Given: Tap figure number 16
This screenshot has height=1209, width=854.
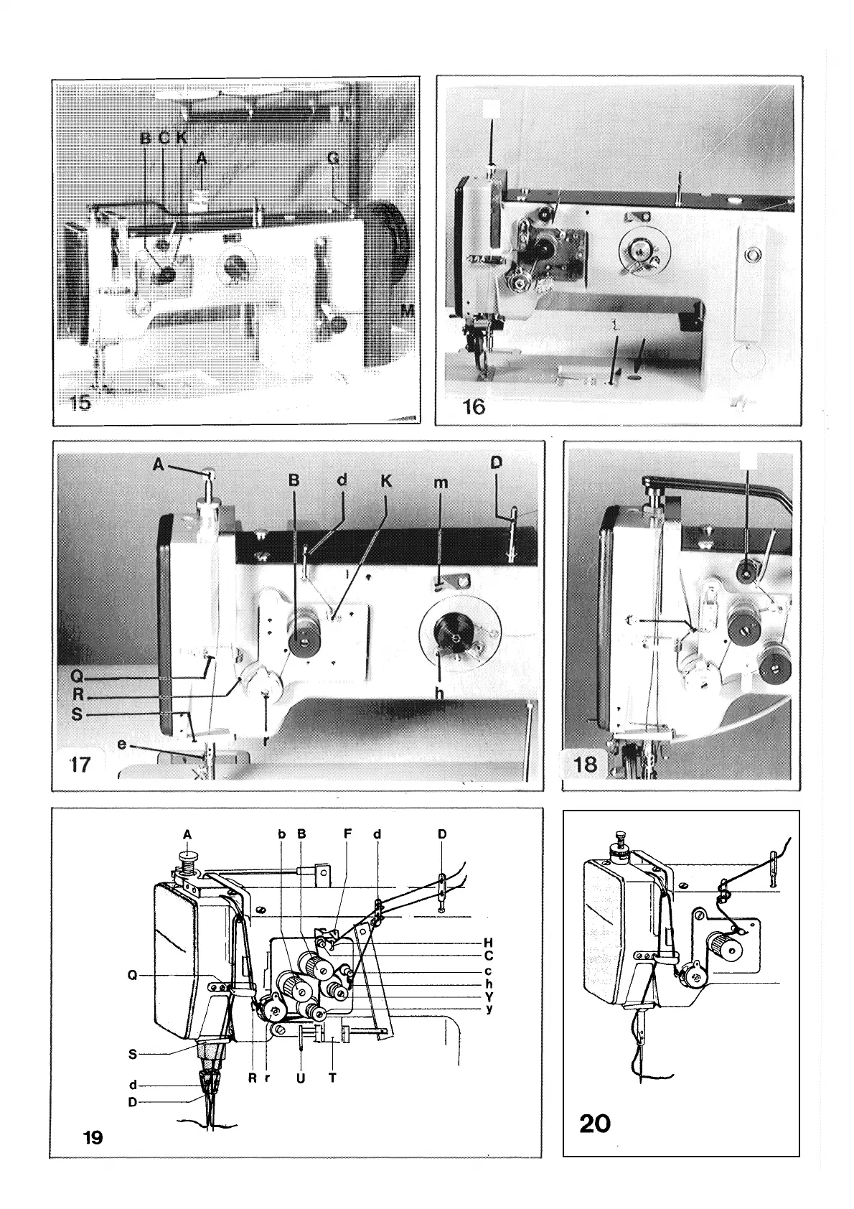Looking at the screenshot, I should pos(474,406).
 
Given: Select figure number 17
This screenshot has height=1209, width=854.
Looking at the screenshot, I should pos(80,764).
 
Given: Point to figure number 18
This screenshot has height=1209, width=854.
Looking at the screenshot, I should pos(586,764).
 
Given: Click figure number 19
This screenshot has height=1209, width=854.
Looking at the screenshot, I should pos(93,1137).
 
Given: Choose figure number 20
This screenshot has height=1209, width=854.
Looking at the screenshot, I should pos(595,1122).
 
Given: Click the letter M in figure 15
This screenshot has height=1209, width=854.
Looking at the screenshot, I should pos(408,310).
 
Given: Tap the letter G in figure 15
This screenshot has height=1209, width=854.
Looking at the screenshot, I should pos(333,159).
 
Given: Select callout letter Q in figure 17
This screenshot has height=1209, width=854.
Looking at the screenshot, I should pos(67,676).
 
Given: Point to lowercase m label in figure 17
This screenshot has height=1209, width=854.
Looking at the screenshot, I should pos(441,483).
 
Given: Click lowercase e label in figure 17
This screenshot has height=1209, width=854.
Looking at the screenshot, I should pos(122,744).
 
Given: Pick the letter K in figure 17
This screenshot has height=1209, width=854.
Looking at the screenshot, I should pos(386,481).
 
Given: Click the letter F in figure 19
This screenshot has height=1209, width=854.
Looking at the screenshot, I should pos(347,834).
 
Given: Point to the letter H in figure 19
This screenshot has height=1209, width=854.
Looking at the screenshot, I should pos(488,943).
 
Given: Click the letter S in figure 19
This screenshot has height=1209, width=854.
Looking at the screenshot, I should pos(133,1055).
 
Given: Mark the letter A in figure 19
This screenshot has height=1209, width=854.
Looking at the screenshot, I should pos(187,834).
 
